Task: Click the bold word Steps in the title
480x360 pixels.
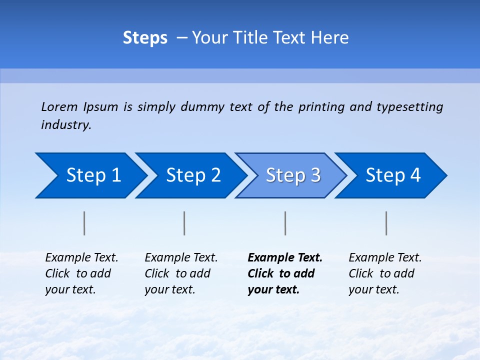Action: (145, 38)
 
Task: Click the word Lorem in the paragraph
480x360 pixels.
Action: (59, 107)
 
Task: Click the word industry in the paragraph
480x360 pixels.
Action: (66, 125)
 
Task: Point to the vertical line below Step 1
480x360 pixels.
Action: (84, 223)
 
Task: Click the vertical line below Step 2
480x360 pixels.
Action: (184, 223)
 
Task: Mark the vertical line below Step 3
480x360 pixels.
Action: (285, 223)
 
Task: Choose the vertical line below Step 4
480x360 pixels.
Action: (386, 223)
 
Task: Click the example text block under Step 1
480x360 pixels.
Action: (81, 273)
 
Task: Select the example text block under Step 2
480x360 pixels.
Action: (181, 273)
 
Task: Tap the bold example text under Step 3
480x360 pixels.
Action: (285, 273)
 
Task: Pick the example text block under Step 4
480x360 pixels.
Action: (385, 273)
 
